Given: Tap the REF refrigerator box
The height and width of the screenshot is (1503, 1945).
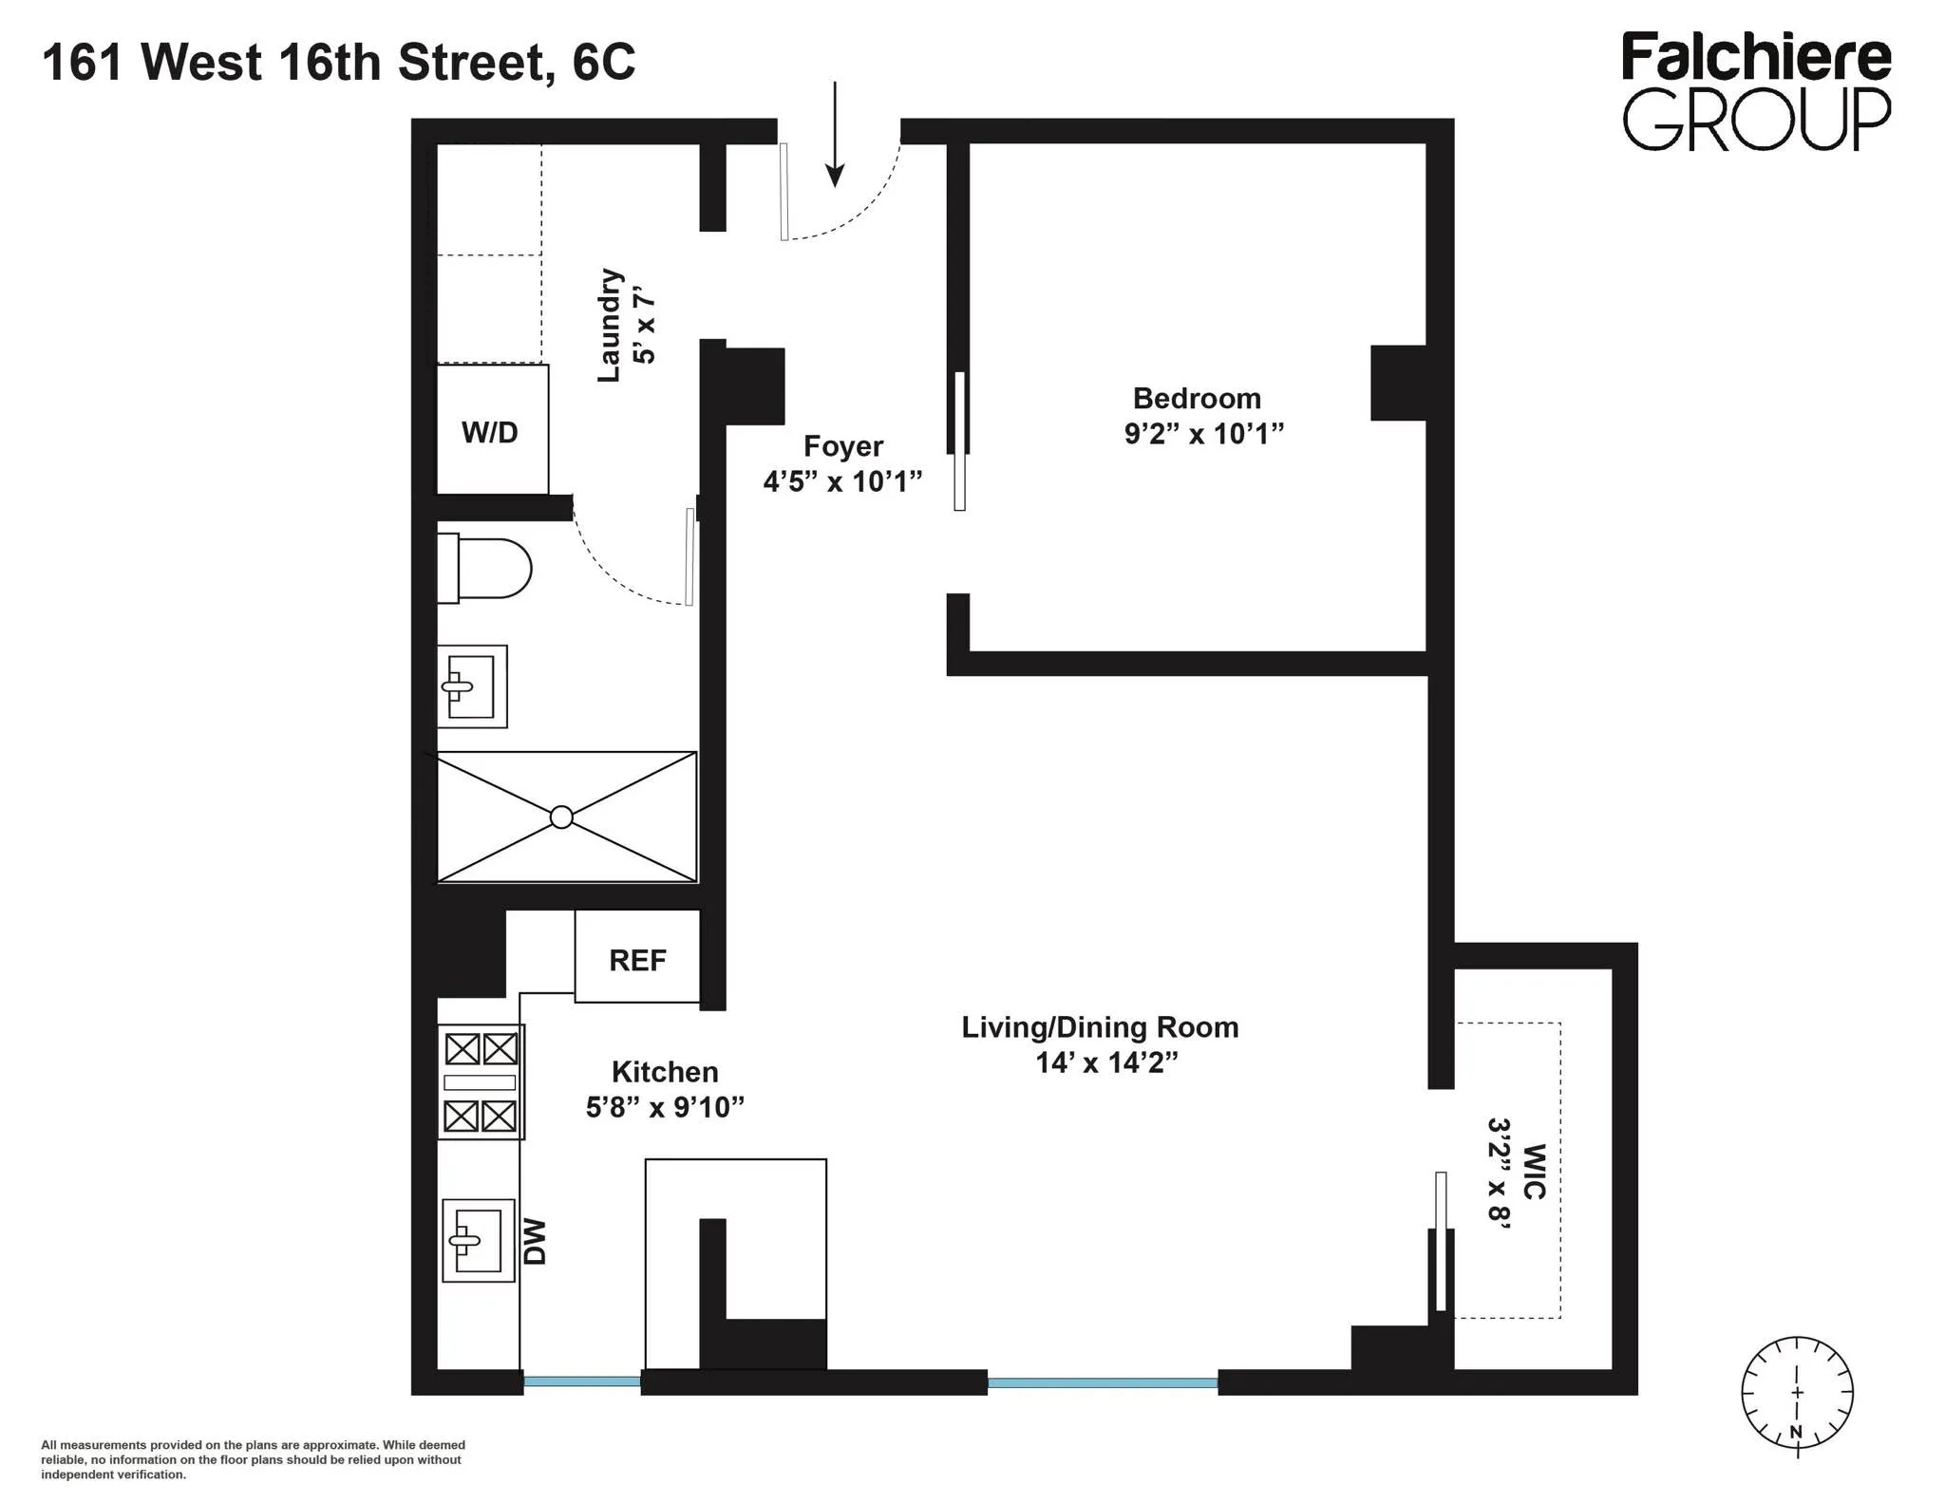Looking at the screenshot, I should [x=637, y=958].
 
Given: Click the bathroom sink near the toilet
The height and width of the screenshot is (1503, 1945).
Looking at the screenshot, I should [x=471, y=686].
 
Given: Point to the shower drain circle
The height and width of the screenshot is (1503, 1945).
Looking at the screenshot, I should [x=561, y=817].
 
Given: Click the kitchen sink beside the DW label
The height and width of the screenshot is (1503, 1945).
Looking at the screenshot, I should [x=478, y=1240].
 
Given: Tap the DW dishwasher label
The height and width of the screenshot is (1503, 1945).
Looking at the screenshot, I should [x=536, y=1242].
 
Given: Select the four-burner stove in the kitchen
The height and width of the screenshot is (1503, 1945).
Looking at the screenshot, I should [x=481, y=1081].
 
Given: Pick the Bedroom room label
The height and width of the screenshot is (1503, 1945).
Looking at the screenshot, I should [x=1197, y=398].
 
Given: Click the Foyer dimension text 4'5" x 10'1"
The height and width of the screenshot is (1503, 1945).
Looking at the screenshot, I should [x=842, y=481].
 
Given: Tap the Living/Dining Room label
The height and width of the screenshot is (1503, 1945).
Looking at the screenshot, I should [x=1100, y=1027].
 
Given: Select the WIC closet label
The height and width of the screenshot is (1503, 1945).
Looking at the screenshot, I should [x=1534, y=1172].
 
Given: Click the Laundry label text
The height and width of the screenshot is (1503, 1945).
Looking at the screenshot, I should [x=609, y=326].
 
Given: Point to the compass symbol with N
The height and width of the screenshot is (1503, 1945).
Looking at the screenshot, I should [x=1796, y=1393].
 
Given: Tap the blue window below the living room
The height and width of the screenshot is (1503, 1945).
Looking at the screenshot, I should [x=1102, y=1382].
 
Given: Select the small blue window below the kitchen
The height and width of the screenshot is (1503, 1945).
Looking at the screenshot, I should [x=582, y=1381].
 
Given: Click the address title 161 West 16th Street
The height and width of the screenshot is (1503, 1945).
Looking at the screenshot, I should [x=338, y=63].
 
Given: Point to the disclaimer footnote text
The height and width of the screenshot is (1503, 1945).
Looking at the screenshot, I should [x=253, y=1459].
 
